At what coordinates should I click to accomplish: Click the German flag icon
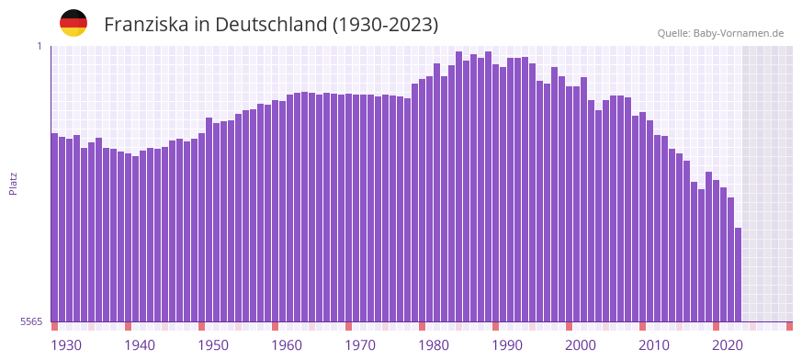pos(73,23)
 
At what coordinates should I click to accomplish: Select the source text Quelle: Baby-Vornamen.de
pos(720,33)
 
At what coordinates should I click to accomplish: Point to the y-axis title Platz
pos(13,183)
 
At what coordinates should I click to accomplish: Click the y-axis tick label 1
pos(40,46)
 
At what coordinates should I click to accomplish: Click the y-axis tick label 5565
pos(30,321)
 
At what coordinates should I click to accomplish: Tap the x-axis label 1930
pos(66,345)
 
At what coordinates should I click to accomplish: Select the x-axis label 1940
pos(140,345)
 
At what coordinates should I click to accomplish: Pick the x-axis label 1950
pos(213,345)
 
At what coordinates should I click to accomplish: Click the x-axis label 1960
pos(287,345)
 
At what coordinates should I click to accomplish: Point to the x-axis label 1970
pos(360,345)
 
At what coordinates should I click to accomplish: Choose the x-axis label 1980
pos(434,345)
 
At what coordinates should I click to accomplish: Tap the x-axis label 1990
pos(507,345)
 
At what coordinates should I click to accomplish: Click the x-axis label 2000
pos(581,345)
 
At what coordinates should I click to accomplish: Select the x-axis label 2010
pos(654,345)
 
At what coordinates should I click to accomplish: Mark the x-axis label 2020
pos(728,345)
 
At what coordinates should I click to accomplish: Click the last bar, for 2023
pos(738,275)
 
